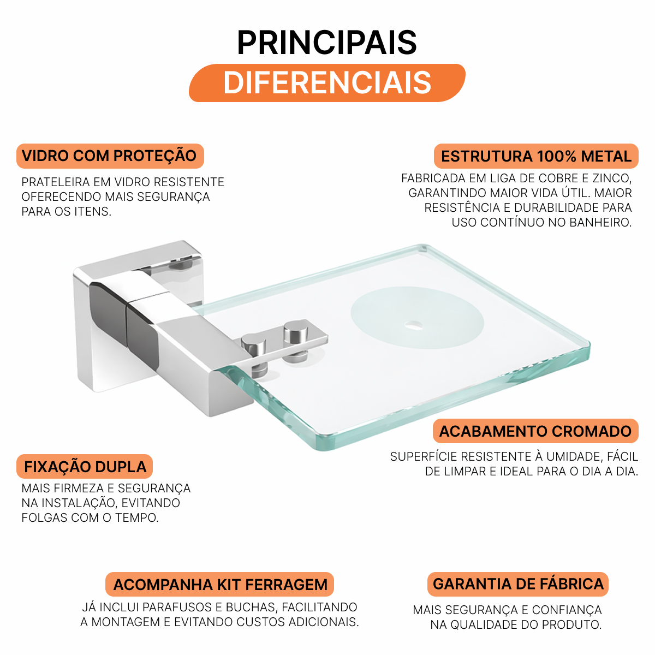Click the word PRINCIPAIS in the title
tap(326, 42)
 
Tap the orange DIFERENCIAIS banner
tap(327, 83)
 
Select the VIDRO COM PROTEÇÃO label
tap(110, 156)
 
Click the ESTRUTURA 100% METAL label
tap(536, 156)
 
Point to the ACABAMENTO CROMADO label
tap(535, 431)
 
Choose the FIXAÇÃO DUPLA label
tap(85, 466)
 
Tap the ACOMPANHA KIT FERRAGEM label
tap(219, 584)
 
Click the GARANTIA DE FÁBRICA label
tap(517, 584)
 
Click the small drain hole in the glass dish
tap(414, 326)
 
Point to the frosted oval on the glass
tap(417, 318)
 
